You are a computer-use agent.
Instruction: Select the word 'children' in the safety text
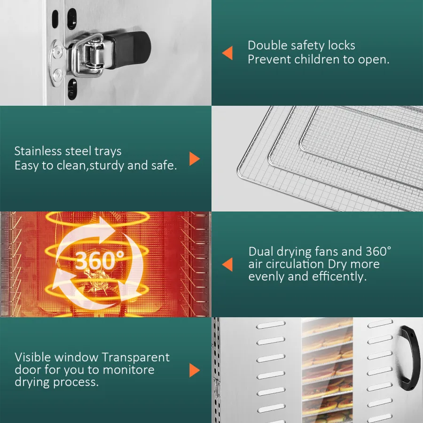317,59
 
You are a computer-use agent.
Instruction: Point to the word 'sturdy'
107,165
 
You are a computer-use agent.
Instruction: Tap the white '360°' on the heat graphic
100,260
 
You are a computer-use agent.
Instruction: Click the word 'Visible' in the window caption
32,357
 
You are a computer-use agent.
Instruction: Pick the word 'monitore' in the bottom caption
129,369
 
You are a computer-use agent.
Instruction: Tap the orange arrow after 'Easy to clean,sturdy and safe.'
195,159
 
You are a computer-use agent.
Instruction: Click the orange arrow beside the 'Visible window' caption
195,370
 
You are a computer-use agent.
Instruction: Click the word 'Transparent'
136,358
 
